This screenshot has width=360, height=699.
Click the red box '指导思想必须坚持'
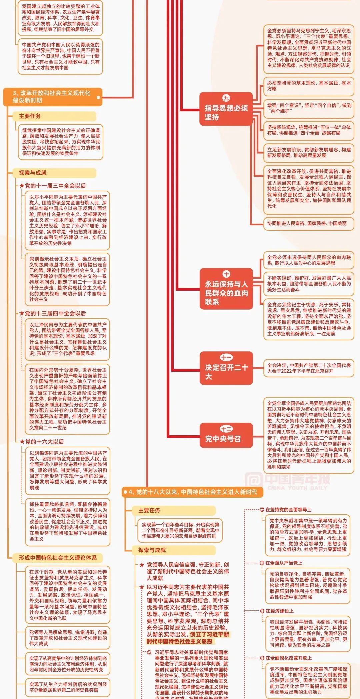tap(226, 109)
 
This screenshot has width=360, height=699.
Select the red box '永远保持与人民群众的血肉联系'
tap(226, 289)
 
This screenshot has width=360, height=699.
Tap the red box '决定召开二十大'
tap(226, 368)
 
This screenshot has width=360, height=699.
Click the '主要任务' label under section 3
tap(30, 116)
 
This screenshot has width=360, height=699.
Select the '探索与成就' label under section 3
tap(33, 173)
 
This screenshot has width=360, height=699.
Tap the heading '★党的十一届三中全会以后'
tap(53, 186)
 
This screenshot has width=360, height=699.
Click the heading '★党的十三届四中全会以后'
tap(53, 313)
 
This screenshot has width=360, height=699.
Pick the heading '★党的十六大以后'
tap(42, 442)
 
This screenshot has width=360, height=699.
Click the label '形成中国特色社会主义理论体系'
tap(58, 558)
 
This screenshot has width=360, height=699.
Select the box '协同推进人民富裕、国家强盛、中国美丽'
tap(307, 223)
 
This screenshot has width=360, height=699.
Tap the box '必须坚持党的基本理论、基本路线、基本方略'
tap(309, 86)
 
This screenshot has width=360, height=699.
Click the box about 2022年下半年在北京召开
tap(309, 368)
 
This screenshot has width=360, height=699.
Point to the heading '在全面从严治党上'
tap(284, 563)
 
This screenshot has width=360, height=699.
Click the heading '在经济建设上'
tap(279, 611)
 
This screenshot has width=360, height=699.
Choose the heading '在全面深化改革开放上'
tap(288, 658)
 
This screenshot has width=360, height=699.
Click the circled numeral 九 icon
tap(226, 98)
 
